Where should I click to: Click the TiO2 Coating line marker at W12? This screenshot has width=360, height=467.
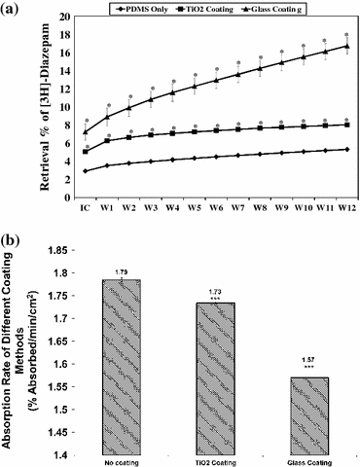(x=346, y=125)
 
